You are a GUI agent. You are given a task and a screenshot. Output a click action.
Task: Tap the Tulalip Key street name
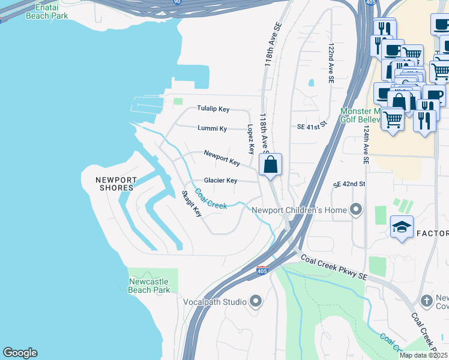point(213,109)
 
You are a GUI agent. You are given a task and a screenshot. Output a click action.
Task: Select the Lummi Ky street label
point(212,128)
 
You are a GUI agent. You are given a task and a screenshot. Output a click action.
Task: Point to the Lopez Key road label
point(251,139)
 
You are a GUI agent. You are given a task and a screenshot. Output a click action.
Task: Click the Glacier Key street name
point(220,181)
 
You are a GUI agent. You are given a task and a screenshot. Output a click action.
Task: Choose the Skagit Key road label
point(192,204)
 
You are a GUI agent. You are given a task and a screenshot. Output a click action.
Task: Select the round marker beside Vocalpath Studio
point(256,301)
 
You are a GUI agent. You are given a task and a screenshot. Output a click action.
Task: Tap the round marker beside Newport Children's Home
point(357,210)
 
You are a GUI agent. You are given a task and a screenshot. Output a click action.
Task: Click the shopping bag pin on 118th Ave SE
point(271,164)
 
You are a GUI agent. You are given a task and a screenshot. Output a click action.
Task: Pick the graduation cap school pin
point(402,227)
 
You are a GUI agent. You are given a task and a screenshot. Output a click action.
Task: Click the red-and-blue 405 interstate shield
point(262,271)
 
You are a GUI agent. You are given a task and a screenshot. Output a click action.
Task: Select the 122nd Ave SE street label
point(331,62)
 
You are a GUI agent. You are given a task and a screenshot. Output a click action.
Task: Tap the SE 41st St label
point(311,127)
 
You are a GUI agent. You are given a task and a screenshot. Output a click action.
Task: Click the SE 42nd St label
point(349,184)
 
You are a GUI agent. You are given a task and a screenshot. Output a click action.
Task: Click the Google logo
point(20,353)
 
